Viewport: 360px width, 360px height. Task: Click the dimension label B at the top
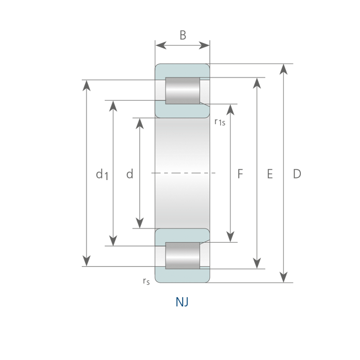183,35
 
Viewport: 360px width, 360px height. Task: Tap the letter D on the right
297,174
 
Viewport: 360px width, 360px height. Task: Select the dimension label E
270,174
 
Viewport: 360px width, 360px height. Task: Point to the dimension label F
240,174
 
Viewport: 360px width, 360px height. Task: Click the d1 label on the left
102,174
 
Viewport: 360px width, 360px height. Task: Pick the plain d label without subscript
130,174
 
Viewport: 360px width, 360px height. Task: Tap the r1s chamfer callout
220,122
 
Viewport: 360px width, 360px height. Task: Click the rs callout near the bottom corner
146,281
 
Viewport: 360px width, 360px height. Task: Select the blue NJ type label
182,302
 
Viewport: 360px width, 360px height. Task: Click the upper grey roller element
183,91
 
